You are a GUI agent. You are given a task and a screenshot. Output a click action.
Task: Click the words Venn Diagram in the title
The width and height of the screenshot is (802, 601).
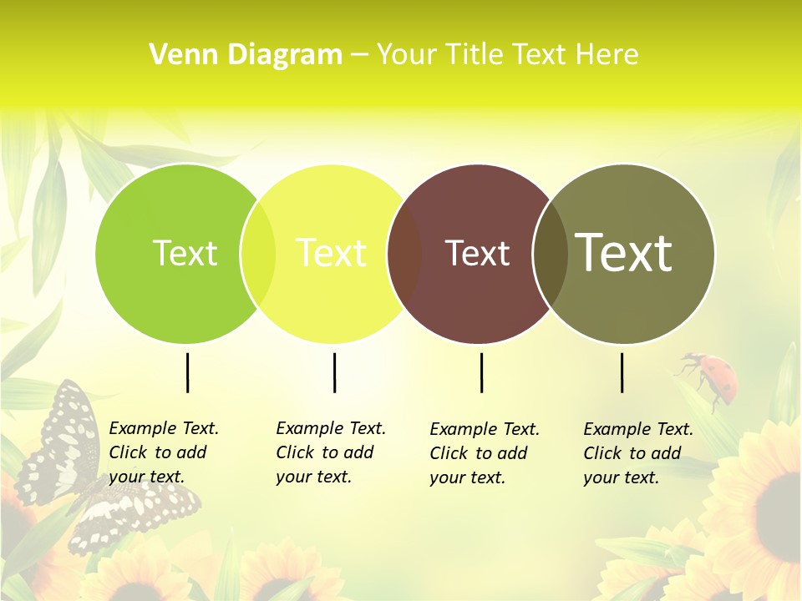[246, 55]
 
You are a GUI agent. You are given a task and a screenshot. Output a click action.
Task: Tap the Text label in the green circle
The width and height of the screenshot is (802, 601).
[185, 253]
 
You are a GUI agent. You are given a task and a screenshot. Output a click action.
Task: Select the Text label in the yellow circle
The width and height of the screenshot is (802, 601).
[332, 253]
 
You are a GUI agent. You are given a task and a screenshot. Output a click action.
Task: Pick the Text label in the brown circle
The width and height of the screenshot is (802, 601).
[477, 253]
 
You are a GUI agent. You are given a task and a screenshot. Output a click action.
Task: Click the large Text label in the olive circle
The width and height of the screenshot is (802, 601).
[624, 253]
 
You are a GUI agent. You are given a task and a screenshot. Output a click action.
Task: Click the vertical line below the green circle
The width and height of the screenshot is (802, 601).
[188, 372]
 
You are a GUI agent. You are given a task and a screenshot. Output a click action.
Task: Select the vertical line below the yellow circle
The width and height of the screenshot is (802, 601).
[334, 372]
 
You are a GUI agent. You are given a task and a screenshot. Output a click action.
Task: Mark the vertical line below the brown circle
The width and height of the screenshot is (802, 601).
[481, 372]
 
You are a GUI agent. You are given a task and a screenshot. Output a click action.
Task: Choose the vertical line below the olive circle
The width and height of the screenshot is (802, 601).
[622, 372]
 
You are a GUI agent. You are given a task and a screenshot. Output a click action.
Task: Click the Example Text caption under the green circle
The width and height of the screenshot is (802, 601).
[163, 452]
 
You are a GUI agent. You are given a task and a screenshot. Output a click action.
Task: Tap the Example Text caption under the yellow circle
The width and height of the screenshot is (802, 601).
[330, 452]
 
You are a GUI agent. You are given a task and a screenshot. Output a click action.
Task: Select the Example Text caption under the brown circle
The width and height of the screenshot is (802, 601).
[484, 453]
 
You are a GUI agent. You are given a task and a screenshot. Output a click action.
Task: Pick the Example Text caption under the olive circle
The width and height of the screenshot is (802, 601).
[637, 453]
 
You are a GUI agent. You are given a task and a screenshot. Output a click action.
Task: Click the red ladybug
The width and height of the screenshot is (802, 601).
[716, 374]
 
